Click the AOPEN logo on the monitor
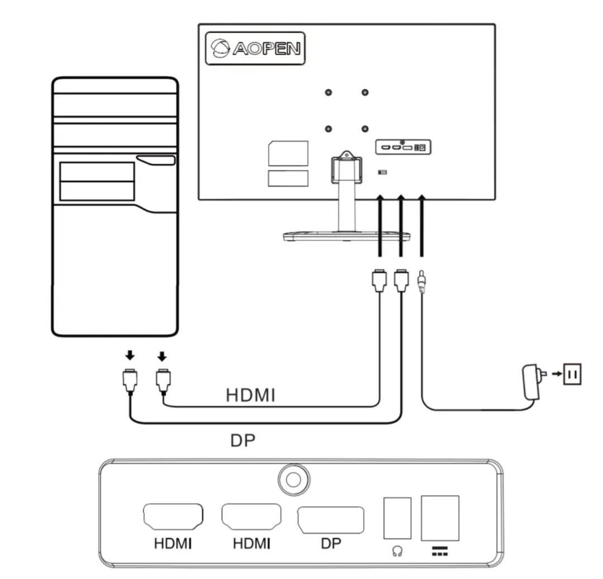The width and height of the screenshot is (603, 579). (x=256, y=49)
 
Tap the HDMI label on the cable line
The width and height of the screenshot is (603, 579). (x=251, y=395)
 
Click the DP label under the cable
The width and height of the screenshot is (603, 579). (x=242, y=441)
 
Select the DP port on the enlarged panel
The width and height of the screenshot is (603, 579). (x=330, y=519)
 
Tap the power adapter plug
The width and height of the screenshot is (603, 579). (x=530, y=381)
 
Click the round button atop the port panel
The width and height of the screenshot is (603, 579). (x=294, y=479)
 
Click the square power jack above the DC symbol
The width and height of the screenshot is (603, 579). (x=440, y=518)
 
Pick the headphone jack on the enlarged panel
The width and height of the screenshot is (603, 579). (x=398, y=518)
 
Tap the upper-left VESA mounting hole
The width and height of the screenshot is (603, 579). (x=329, y=93)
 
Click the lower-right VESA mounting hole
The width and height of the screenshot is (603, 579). (x=365, y=129)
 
